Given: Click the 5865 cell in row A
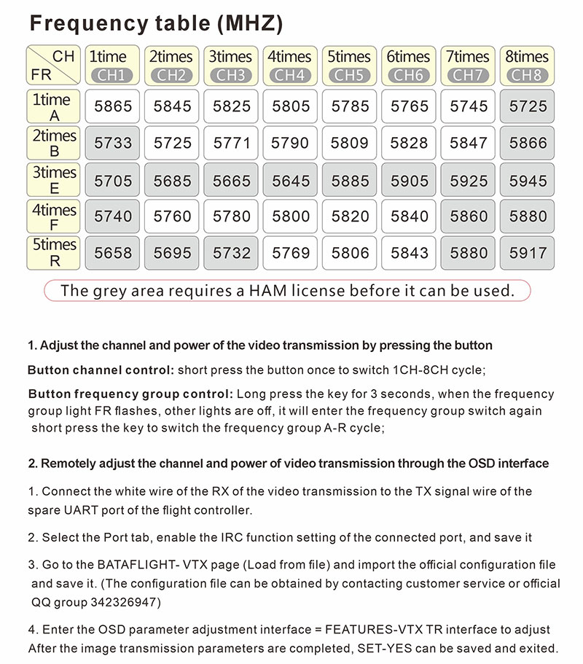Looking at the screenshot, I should (113, 106).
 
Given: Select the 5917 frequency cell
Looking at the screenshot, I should (528, 253).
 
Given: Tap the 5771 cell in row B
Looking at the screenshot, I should (231, 143).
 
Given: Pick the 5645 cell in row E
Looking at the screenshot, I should (290, 180).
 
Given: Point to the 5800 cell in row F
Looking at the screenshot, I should (290, 216).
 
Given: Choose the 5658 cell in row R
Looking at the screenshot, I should (113, 253).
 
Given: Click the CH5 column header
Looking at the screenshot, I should (350, 74).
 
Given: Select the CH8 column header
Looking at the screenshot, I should (528, 74).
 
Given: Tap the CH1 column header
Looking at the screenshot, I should (113, 74).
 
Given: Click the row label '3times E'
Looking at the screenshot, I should (54, 180).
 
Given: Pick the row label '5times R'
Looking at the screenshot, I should (54, 253).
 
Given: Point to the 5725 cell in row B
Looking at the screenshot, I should (172, 143).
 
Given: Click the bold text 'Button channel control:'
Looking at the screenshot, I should (101, 370).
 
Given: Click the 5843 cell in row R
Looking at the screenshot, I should (409, 253).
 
